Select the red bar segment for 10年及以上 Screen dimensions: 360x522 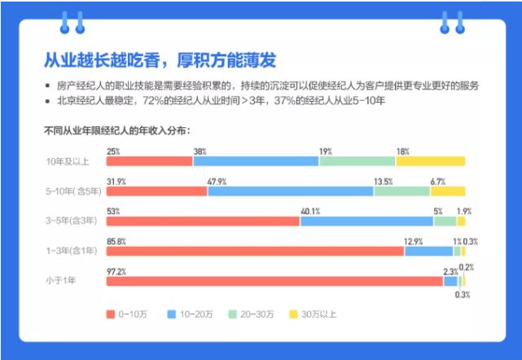click(x=149, y=161)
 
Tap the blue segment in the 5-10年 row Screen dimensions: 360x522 click(x=290, y=191)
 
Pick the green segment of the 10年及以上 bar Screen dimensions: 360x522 click(x=357, y=161)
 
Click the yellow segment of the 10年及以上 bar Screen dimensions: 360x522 click(x=430, y=161)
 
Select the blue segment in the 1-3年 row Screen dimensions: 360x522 click(x=428, y=251)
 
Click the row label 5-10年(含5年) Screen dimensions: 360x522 click(x=72, y=191)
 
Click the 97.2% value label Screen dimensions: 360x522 click(x=116, y=270)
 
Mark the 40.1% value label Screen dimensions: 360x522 click(x=310, y=210)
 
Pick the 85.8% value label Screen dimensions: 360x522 click(x=116, y=240)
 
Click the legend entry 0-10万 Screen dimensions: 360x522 click(x=129, y=314)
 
